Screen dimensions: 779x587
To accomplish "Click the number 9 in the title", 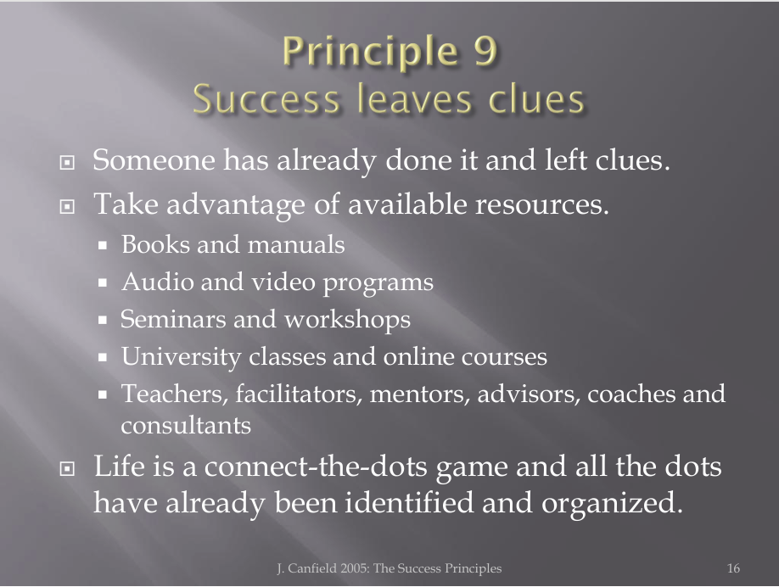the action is pos(485,51).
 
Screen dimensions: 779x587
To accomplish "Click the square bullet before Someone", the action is pos(66,162).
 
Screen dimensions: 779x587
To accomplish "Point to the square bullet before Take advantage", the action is pos(66,206).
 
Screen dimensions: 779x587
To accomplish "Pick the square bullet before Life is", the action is pos(66,468).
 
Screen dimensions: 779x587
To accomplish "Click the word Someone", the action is pos(154,160).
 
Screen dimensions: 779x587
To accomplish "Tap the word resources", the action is pos(542,204).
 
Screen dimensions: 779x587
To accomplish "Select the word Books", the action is pos(155,244).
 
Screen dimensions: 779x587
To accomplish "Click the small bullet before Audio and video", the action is pos(103,282).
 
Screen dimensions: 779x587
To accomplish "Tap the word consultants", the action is pos(186,426).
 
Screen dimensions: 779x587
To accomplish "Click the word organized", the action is pos(612,503).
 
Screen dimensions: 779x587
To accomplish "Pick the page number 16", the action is pos(733,568).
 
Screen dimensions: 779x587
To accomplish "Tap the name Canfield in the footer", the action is pos(312,568).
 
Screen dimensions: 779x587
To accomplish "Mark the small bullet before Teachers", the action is pos(103,394).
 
